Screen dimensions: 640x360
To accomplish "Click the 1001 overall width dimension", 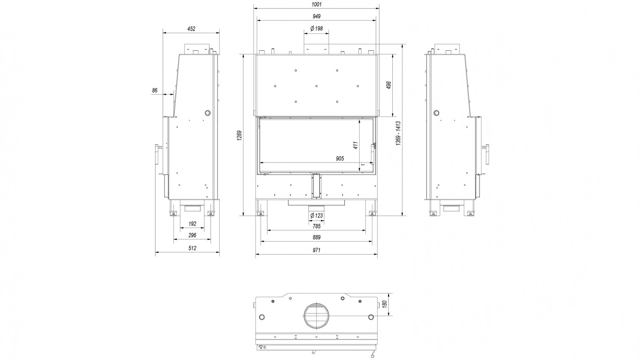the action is pyautogui.click(x=316, y=5).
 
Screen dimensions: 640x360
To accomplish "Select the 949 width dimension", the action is pyautogui.click(x=316, y=16).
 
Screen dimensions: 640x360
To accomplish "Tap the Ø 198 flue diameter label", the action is pyautogui.click(x=316, y=29).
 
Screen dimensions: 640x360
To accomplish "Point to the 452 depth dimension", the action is pyautogui.click(x=191, y=29).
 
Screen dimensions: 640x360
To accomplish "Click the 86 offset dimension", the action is pyautogui.click(x=155, y=91).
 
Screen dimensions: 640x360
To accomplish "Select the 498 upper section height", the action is pyautogui.click(x=389, y=85).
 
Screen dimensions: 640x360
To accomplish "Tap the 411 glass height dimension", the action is pyautogui.click(x=356, y=145).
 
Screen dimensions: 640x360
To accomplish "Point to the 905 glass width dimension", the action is pyautogui.click(x=340, y=159).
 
